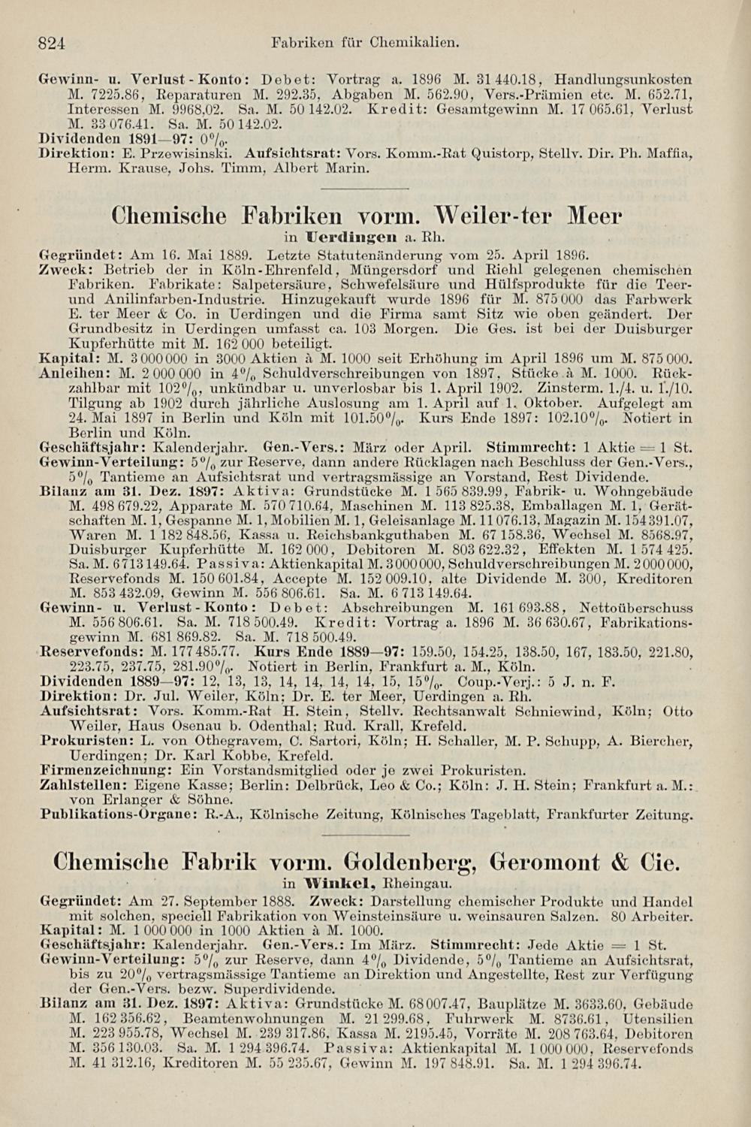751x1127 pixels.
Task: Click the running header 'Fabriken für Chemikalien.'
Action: point(365,44)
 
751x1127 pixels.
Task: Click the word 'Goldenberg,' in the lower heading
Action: point(412,862)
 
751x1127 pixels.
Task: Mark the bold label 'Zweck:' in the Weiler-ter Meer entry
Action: point(61,270)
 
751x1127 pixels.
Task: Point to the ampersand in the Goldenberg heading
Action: point(621,862)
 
